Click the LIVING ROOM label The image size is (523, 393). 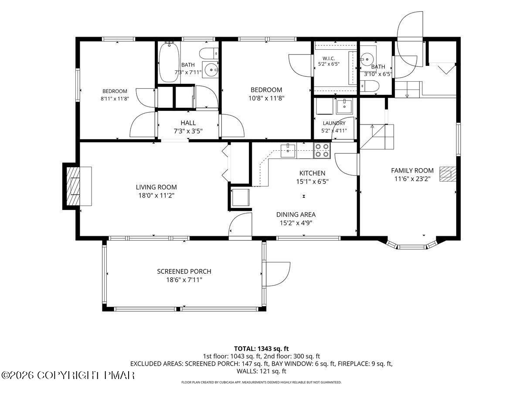tap(156, 187)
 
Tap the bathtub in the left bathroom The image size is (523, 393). tap(169, 62)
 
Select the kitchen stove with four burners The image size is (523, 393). tap(322, 151)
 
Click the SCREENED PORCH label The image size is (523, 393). tap(184, 271)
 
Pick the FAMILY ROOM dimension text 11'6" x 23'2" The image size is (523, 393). tap(412, 179)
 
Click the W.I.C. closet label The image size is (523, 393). tap(329, 59)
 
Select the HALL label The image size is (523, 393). tap(188, 123)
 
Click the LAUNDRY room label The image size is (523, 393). tap(334, 123)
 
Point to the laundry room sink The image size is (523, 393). tap(344, 107)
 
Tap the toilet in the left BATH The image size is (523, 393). tap(209, 54)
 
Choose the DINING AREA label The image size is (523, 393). tap(295, 214)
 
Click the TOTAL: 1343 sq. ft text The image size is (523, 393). tap(261, 349)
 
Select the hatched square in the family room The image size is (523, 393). tap(448, 174)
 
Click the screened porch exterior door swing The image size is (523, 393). tap(276, 274)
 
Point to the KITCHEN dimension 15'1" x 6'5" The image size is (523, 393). tap(312, 182)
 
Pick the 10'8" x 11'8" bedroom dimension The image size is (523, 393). tap(266, 98)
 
